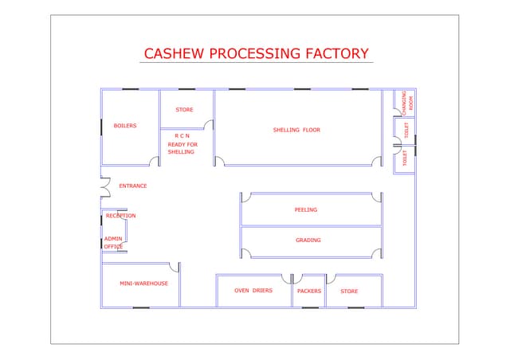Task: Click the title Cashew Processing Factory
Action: tap(256, 54)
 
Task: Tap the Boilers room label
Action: tap(125, 126)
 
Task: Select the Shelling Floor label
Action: tap(296, 130)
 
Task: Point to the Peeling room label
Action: tap(306, 210)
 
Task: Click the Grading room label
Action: tap(308, 241)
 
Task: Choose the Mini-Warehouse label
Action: tap(143, 284)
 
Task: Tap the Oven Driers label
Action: tap(253, 291)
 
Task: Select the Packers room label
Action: tap(309, 292)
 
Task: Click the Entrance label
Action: tap(133, 186)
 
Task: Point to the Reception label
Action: tap(121, 216)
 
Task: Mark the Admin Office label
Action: tap(113, 243)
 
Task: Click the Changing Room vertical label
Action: tap(407, 103)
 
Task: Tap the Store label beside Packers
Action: tap(349, 292)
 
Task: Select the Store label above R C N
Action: tap(184, 110)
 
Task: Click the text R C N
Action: tap(182, 136)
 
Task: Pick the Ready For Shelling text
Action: tap(181, 148)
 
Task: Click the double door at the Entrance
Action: tap(104, 186)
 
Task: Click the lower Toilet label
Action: tap(405, 158)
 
